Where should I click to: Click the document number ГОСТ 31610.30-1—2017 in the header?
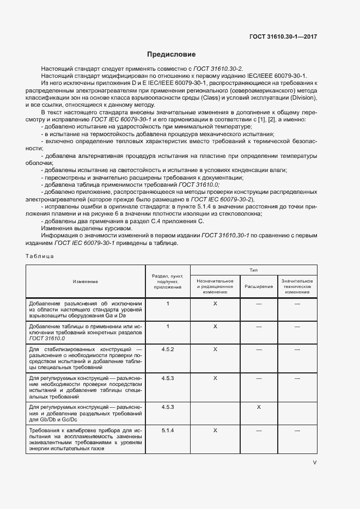click(x=283, y=36)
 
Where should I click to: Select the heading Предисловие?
click(x=172, y=54)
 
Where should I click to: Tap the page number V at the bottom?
click(x=314, y=462)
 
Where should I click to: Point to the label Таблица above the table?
click(x=40, y=255)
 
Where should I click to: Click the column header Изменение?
click(x=85, y=281)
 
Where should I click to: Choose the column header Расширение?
click(x=259, y=285)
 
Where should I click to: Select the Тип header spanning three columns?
click(x=253, y=270)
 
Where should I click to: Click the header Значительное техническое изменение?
click(x=297, y=285)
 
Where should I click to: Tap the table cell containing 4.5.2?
click(x=168, y=349)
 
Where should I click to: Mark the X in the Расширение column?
click(x=259, y=407)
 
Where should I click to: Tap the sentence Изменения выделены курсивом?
click(x=80, y=228)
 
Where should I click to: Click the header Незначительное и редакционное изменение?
click(x=215, y=285)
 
